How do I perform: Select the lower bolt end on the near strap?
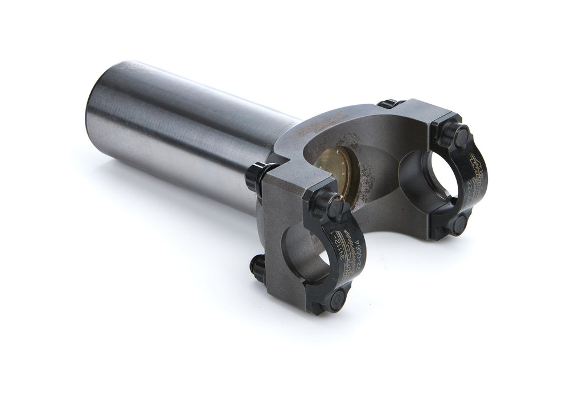(338, 297)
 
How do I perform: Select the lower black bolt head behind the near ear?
(257, 266)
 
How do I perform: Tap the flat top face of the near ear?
(288, 183)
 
